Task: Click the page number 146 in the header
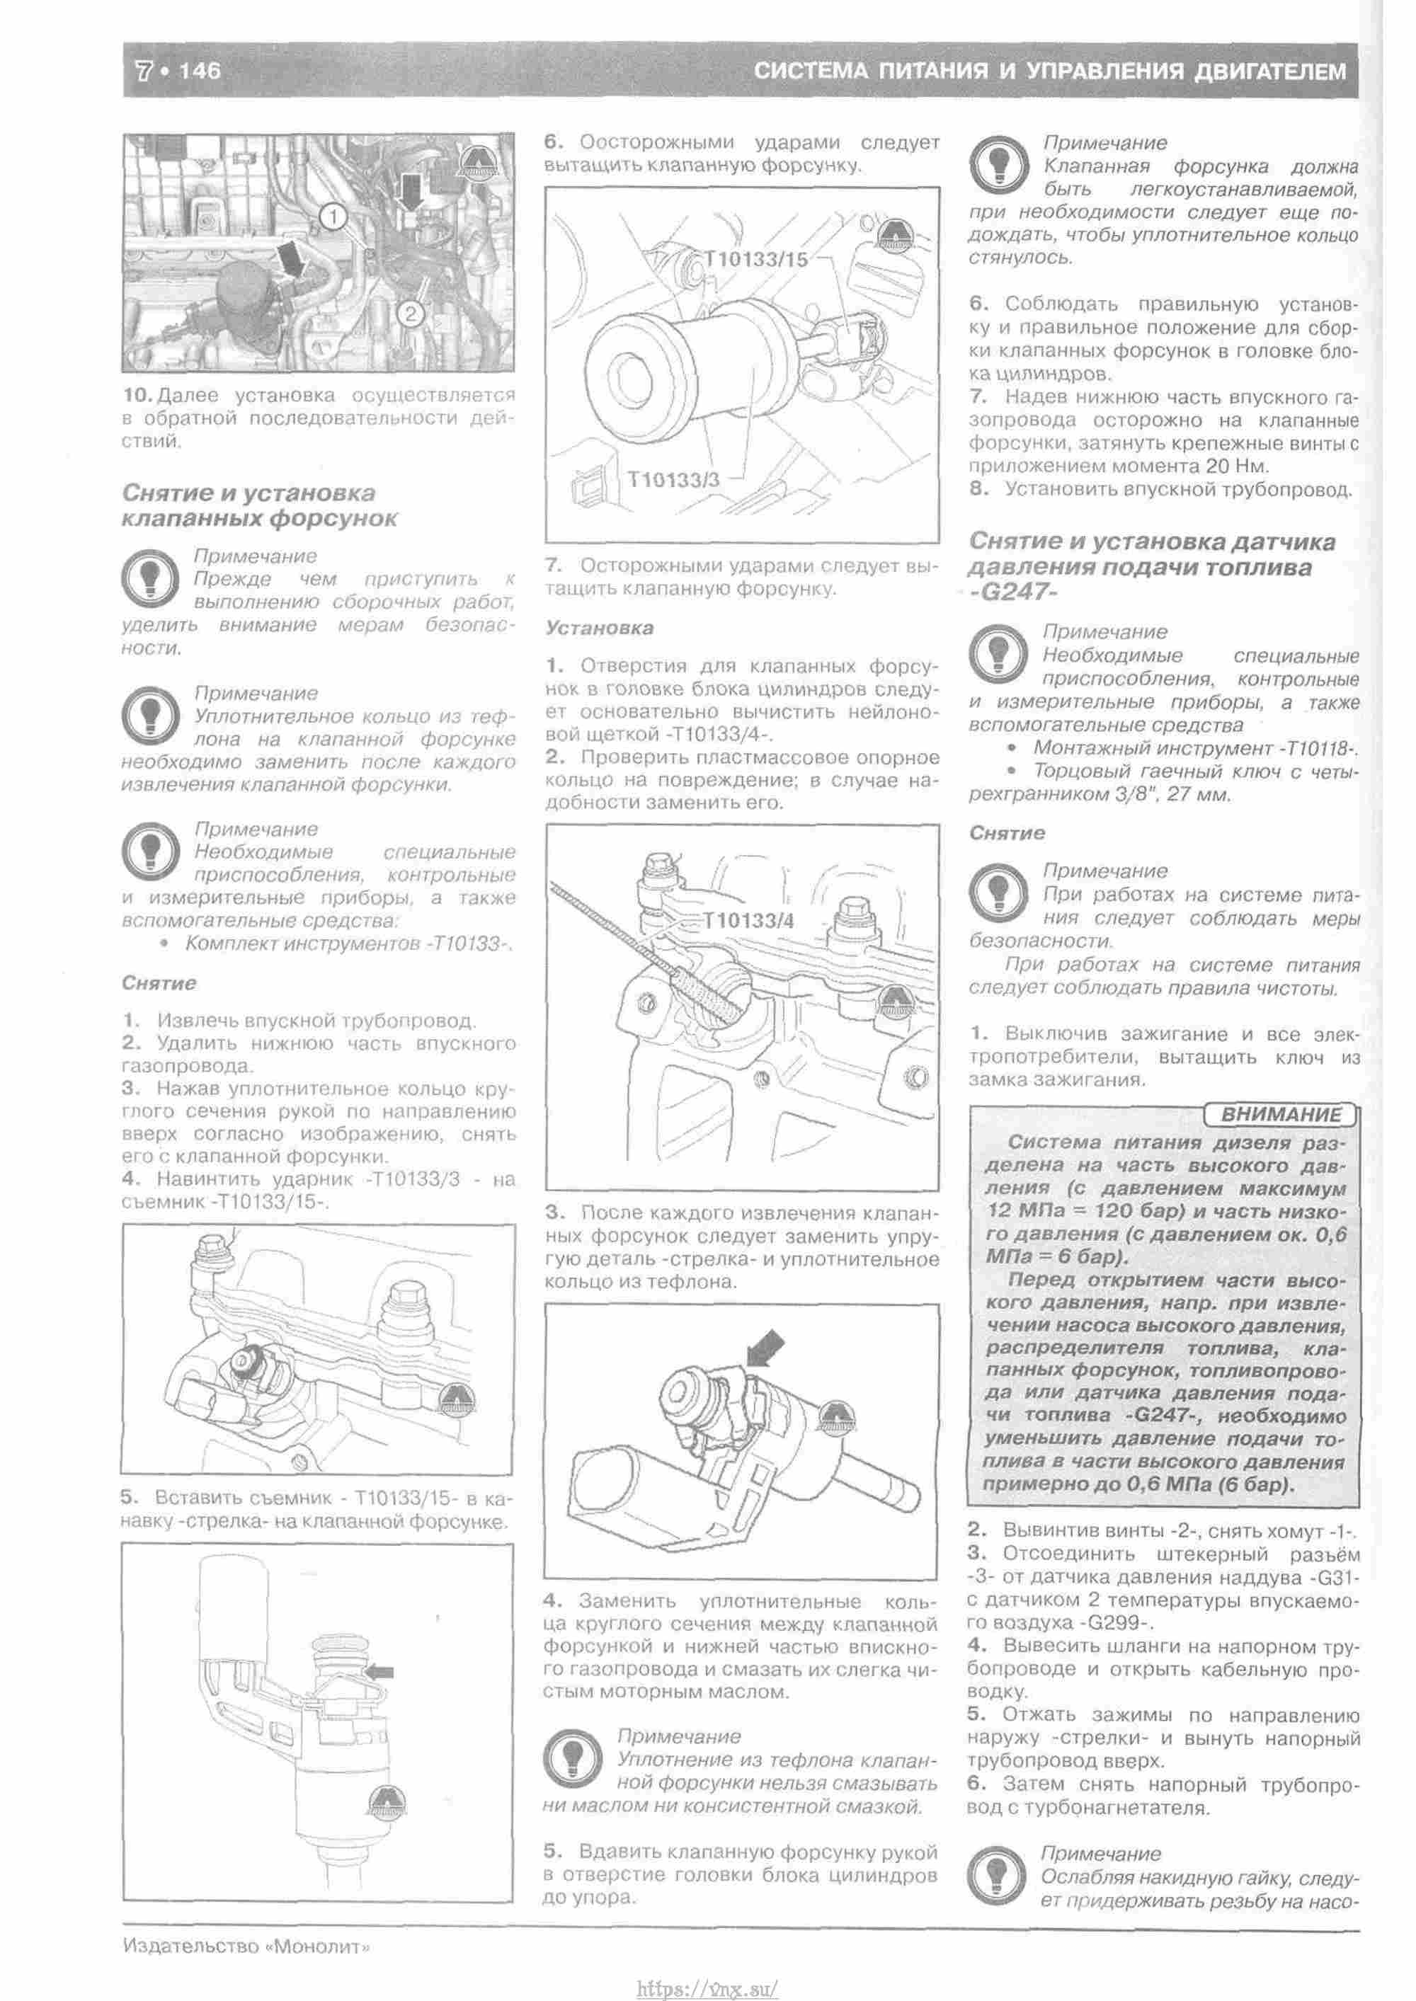pos(200,71)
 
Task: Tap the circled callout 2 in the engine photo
pos(411,312)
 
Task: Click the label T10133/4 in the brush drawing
pos(749,921)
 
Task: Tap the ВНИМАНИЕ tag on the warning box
pos(1280,1114)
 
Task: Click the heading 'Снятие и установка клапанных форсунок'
pos(259,505)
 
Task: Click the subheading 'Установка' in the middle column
pos(599,628)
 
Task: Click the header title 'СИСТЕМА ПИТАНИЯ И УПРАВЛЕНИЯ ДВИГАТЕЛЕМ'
pos(1050,71)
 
